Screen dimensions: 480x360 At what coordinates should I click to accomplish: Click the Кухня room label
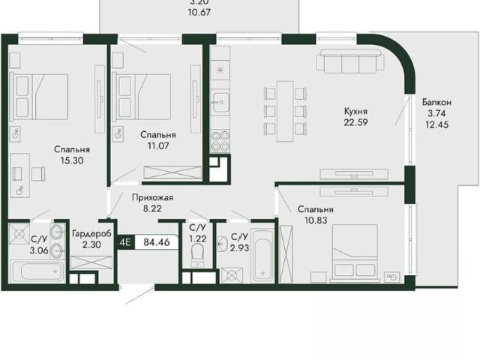tap(355, 111)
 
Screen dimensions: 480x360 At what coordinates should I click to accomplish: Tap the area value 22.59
tap(355, 122)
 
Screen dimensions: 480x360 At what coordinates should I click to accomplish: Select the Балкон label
tap(436, 102)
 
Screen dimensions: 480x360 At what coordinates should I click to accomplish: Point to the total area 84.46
tap(157, 242)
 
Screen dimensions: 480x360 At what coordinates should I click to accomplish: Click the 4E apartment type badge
tap(125, 242)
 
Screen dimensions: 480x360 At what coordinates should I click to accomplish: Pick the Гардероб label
tap(91, 234)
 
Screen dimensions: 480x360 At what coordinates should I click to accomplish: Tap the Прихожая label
tap(152, 198)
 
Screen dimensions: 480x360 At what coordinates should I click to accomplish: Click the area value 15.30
tap(72, 160)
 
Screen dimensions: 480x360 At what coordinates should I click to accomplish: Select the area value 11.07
tap(158, 145)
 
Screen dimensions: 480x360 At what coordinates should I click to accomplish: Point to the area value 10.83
tap(316, 220)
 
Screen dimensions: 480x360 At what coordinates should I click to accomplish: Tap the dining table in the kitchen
tap(285, 111)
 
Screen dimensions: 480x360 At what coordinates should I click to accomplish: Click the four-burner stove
tap(220, 142)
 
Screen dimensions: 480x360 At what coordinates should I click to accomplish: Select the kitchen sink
tap(220, 102)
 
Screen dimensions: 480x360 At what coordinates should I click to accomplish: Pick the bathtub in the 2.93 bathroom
tap(262, 255)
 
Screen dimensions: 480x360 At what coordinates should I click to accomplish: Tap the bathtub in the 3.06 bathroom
tap(37, 271)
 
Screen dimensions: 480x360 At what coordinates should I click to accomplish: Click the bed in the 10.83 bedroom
tap(355, 253)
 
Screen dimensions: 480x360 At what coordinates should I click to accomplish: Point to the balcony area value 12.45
tap(436, 124)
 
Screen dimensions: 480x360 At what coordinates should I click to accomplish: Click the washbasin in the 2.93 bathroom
tap(222, 244)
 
